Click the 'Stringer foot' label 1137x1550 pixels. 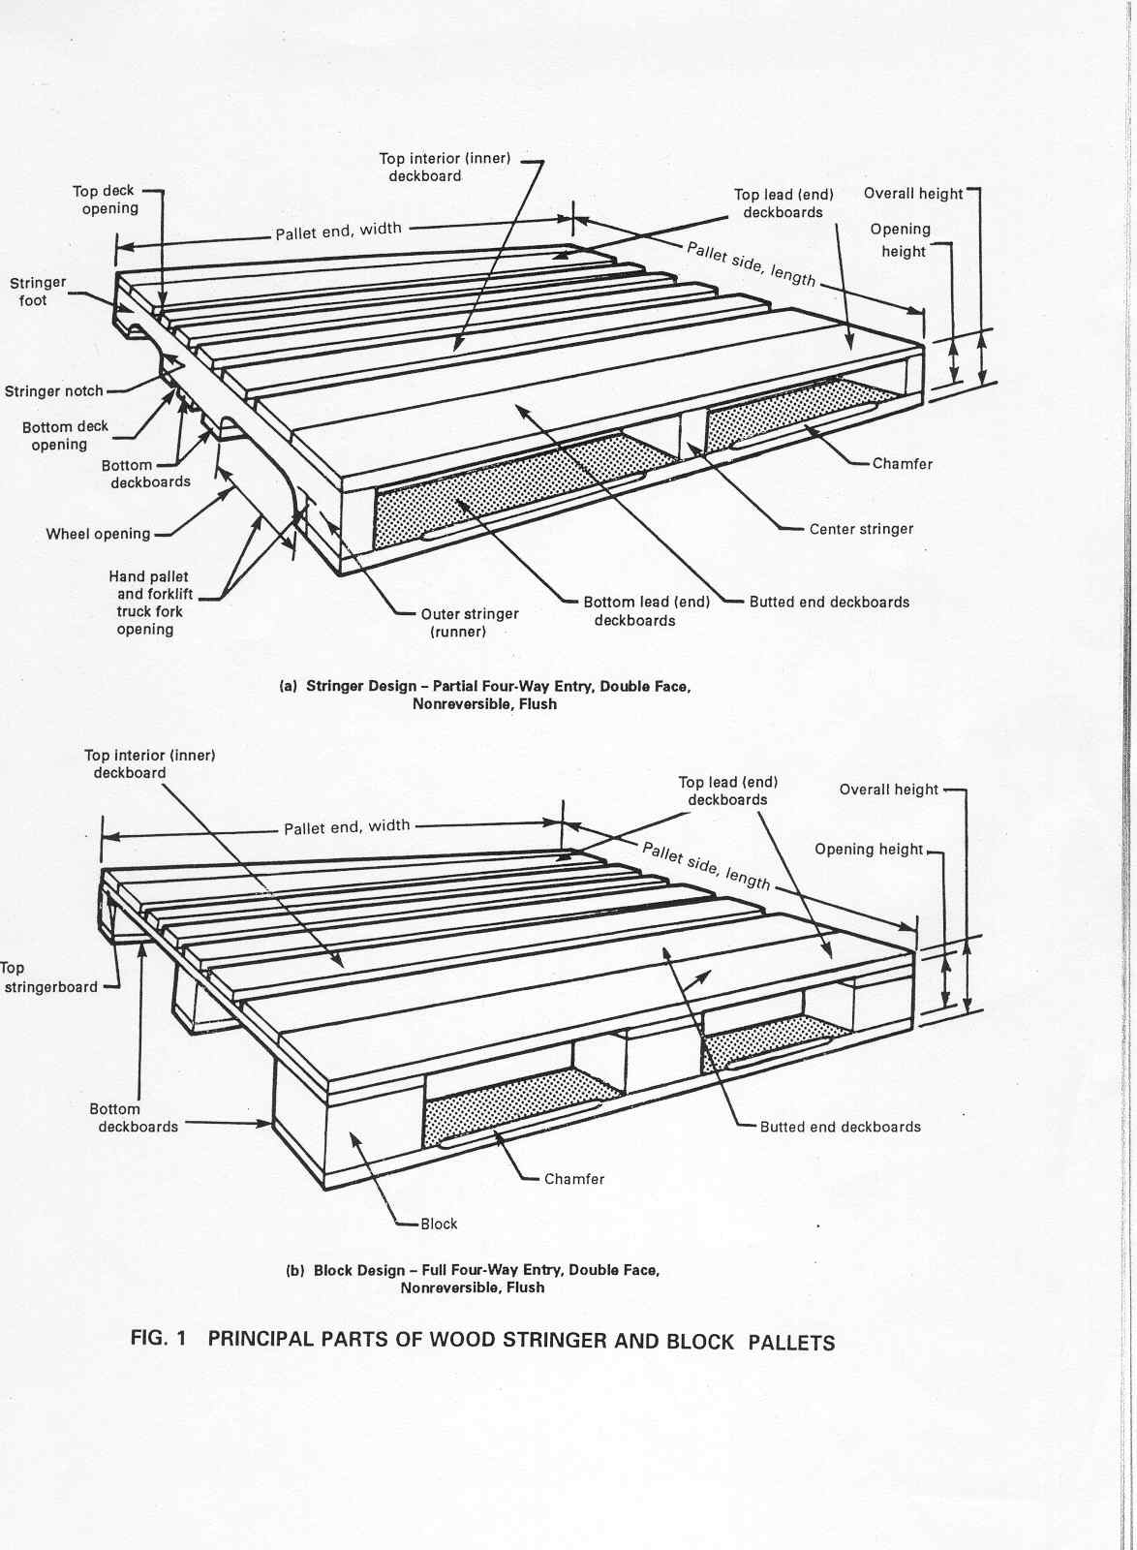38,292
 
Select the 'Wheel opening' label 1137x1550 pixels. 98,534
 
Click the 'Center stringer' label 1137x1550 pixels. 861,529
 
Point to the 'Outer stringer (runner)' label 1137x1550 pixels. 469,623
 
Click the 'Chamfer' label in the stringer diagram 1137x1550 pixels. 902,464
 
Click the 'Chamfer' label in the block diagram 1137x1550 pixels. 573,1179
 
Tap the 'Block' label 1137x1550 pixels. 438,1224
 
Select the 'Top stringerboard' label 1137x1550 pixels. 48,977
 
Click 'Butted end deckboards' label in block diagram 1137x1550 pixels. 840,1127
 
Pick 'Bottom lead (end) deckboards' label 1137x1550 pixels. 646,611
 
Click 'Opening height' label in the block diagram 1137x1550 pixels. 869,850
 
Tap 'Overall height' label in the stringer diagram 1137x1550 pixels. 912,194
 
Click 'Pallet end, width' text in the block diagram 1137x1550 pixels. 347,827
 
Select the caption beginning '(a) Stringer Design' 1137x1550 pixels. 484,696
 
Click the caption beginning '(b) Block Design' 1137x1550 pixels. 473,1279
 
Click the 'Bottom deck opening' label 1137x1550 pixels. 65,436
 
